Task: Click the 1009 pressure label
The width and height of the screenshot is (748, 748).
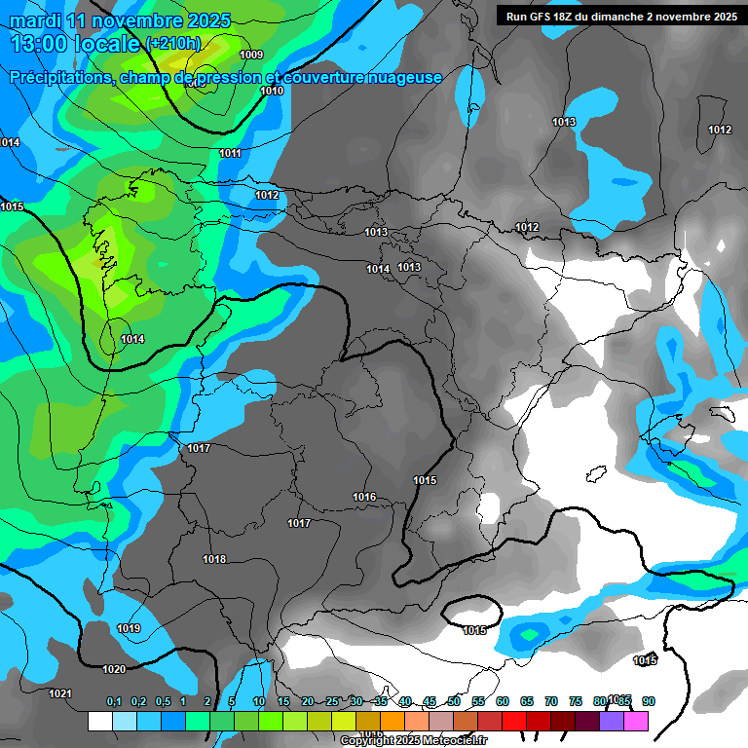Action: [x=250, y=55]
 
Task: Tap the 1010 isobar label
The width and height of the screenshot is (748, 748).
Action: [x=272, y=91]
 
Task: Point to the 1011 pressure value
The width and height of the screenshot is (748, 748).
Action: [x=231, y=153]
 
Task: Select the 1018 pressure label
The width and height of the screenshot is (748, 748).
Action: [x=214, y=559]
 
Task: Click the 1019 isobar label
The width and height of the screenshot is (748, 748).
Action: [x=128, y=628]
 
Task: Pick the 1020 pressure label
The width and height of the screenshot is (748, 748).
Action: [x=114, y=669]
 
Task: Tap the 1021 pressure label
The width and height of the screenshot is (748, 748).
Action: [x=60, y=693]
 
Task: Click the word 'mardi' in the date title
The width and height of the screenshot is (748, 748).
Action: [x=33, y=20]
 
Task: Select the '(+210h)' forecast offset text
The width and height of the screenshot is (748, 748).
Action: [x=173, y=43]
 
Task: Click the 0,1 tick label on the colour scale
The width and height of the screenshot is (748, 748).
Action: [x=114, y=701]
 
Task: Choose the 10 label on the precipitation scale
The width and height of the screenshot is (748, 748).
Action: [x=258, y=701]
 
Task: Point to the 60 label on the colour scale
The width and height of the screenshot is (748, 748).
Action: [x=502, y=701]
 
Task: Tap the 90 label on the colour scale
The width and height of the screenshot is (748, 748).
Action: [x=649, y=701]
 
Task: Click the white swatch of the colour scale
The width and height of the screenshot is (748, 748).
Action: [x=99, y=721]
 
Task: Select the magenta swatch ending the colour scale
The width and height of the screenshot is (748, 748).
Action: [x=636, y=721]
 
